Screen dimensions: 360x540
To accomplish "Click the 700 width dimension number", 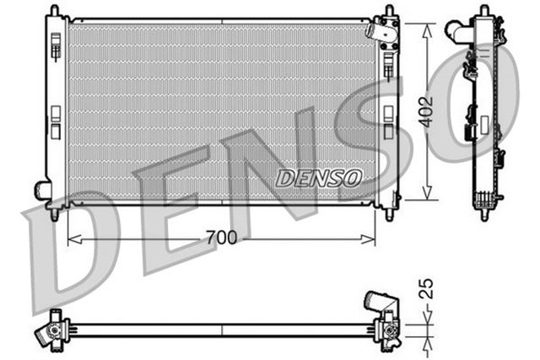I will point(221,239).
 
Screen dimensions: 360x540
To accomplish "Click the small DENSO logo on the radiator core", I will point(319,177).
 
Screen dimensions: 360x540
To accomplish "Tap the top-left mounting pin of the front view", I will point(53,10).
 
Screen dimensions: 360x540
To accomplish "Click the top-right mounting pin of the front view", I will point(389,10).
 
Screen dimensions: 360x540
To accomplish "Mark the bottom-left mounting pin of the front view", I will point(55,214).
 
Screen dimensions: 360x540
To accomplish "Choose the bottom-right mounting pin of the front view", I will point(390,214).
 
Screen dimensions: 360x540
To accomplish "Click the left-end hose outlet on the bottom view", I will point(44,334).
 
